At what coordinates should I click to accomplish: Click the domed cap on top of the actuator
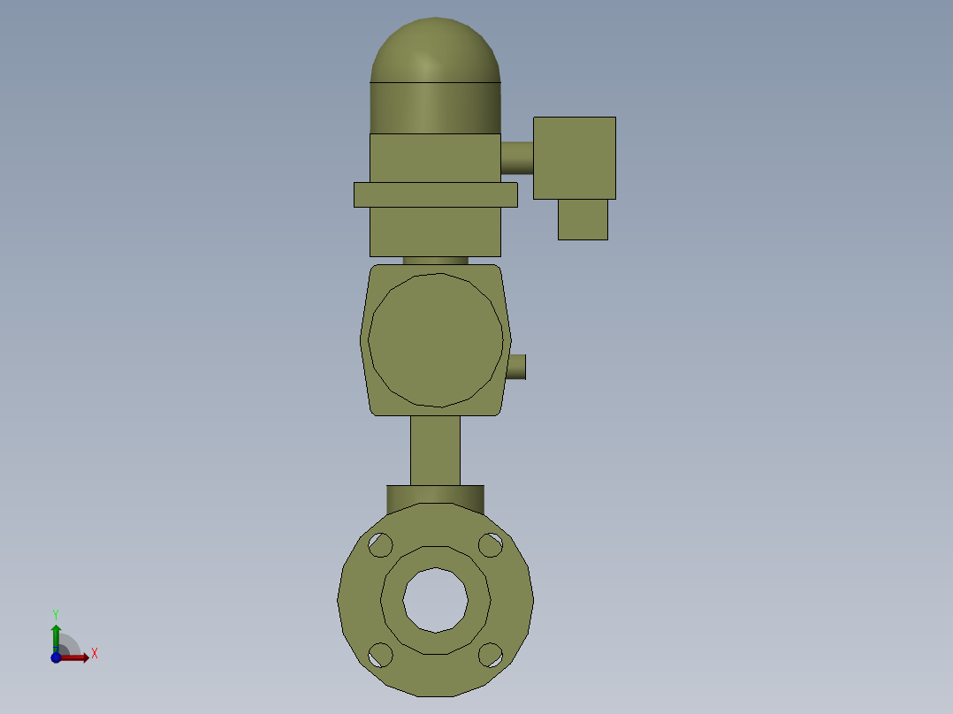click(435, 53)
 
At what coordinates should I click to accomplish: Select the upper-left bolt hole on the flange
click(380, 545)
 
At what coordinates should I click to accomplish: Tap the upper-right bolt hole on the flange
click(491, 545)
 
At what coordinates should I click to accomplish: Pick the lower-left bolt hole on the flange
click(380, 655)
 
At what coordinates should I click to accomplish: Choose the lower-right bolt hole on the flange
click(491, 655)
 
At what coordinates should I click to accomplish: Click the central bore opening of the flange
click(435, 600)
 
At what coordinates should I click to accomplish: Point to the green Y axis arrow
click(56, 634)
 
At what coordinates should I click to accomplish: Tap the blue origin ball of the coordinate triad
click(56, 657)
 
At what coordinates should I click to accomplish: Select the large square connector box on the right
click(575, 157)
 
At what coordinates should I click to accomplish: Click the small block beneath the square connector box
click(583, 219)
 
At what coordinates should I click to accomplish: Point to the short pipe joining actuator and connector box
click(517, 157)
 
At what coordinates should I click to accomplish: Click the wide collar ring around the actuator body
click(435, 194)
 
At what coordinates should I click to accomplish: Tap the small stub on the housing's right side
click(517, 367)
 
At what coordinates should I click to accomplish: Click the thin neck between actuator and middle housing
click(435, 261)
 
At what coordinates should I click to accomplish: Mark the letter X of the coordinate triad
click(95, 654)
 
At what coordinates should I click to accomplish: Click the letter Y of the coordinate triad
click(55, 613)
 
